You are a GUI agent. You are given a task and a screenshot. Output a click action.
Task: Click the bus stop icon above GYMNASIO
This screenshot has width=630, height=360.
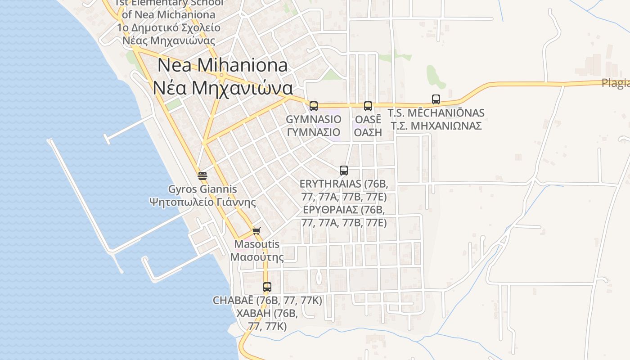[314, 106]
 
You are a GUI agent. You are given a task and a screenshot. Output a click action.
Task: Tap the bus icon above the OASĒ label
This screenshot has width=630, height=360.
[368, 106]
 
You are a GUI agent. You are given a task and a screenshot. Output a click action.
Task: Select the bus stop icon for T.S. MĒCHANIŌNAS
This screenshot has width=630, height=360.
[436, 99]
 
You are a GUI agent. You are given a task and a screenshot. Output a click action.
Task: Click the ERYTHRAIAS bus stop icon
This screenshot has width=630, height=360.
[344, 171]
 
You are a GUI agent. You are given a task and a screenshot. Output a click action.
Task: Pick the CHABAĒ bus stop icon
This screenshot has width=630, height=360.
[267, 287]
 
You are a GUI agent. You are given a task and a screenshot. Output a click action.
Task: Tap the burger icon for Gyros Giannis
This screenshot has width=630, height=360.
[202, 175]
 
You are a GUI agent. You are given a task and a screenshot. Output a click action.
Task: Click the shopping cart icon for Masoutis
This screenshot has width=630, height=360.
[256, 231]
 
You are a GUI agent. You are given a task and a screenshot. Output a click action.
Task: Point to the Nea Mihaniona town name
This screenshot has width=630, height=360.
[222, 66]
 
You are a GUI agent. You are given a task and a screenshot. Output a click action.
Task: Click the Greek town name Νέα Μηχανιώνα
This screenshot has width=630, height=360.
[222, 87]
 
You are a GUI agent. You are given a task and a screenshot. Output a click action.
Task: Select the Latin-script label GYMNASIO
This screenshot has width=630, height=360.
[314, 119]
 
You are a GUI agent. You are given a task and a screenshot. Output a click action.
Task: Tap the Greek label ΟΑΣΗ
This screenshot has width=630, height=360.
[368, 132]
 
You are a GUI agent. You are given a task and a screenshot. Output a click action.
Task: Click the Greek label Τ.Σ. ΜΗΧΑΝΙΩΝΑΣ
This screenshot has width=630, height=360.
[436, 126]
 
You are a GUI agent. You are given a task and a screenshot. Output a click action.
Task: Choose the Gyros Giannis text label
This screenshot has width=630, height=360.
[202, 189]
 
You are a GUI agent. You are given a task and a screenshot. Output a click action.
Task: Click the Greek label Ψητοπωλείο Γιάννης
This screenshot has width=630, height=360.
[202, 202]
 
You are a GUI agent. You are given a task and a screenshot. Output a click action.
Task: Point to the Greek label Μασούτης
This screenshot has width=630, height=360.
[257, 257]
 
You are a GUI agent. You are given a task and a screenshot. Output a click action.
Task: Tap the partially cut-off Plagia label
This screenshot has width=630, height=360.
[615, 83]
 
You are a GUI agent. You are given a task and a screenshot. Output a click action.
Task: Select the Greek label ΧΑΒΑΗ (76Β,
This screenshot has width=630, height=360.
[267, 313]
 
